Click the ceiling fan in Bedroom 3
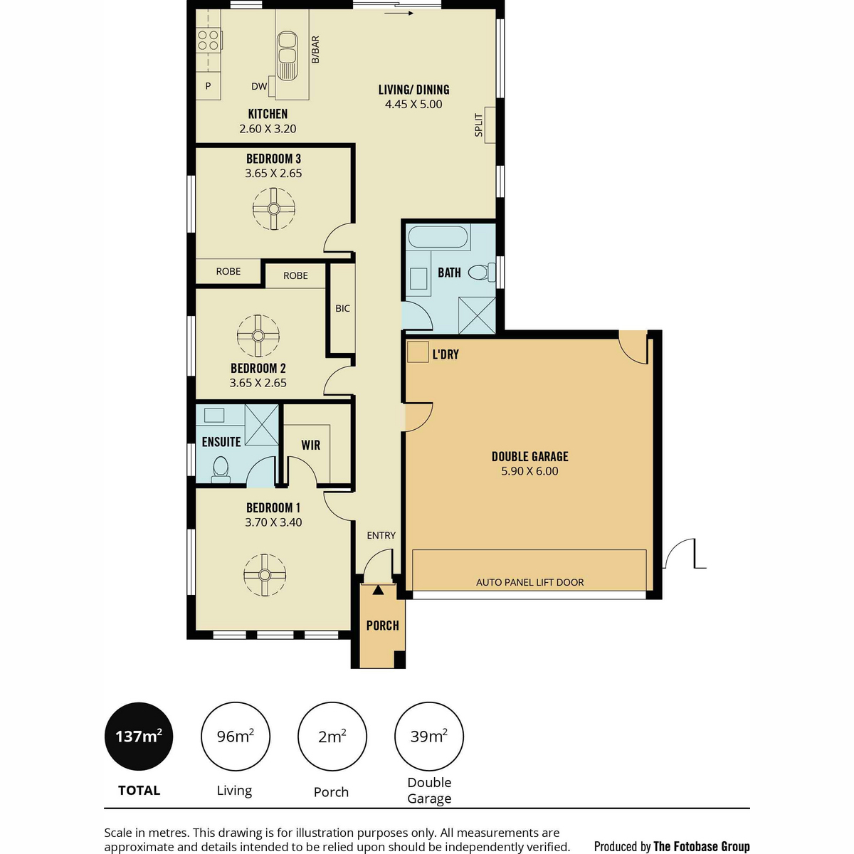tap(273, 209)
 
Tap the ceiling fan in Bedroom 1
tap(265, 575)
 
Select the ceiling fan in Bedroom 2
tap(258, 335)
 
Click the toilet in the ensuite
tap(220, 470)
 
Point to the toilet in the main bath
tap(482, 272)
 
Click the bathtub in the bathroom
tap(438, 237)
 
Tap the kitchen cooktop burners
tap(209, 40)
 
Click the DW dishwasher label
tap(259, 86)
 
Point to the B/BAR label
tap(315, 50)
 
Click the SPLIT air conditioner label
tap(479, 125)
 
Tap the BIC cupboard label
tap(342, 308)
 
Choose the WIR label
tap(310, 445)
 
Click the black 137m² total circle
tap(139, 736)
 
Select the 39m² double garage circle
tap(429, 736)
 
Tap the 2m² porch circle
tap(332, 736)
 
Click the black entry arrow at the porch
tap(378, 590)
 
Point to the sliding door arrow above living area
tap(399, 14)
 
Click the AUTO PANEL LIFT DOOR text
tap(529, 582)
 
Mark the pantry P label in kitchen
tap(208, 86)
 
